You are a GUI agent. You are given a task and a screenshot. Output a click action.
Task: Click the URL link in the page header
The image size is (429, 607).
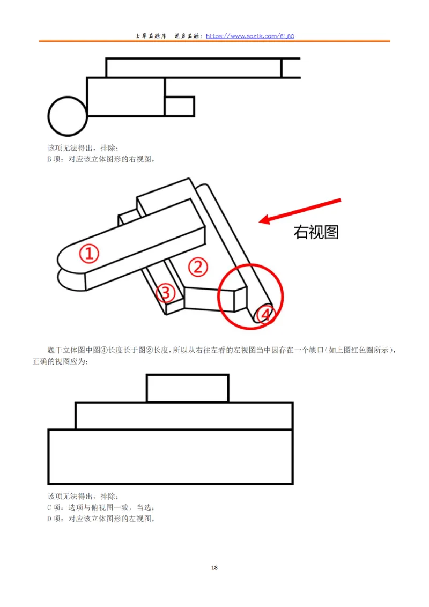250,36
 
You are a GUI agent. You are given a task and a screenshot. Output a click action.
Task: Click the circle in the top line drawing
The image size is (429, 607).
68,116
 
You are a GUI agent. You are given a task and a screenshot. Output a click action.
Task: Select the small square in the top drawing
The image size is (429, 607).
179,106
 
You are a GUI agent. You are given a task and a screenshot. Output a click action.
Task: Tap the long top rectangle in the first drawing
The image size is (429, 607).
194,68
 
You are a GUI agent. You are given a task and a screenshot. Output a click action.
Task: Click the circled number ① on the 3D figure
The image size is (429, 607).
90,254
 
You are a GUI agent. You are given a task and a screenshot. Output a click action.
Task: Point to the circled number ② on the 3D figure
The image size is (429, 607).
197,267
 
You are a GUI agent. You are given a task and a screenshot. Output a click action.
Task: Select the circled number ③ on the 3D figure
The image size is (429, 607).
166,293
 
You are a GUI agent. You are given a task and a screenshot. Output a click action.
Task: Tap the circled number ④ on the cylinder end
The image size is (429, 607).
264,315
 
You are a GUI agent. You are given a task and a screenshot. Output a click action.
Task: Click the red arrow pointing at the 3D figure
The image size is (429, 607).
300,210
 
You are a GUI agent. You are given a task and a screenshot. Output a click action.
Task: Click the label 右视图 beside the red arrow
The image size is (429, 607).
316,232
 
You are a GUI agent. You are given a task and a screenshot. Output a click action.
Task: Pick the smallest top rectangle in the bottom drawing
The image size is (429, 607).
188,388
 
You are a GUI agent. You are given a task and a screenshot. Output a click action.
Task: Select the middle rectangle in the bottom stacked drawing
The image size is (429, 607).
184,416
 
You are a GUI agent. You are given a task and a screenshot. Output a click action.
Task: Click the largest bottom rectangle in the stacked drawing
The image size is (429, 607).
171,456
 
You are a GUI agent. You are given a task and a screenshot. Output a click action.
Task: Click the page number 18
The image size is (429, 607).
214,568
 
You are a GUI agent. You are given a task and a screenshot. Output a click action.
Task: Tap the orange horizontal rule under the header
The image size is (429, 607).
214,41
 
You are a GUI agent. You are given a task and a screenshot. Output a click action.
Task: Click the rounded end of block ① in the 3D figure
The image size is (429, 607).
65,260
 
